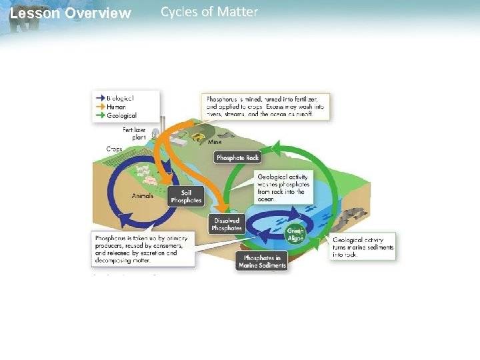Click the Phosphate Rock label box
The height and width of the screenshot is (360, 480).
pos(237,158)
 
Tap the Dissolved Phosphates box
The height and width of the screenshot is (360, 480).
pos(227,225)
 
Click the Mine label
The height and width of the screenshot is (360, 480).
pos(215,142)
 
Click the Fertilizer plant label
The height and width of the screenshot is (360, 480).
pos(134,133)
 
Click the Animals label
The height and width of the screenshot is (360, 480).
pos(143,196)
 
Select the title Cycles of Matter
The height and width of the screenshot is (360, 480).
pos(209,12)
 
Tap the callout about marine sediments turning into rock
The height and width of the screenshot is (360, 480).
pos(363,247)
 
